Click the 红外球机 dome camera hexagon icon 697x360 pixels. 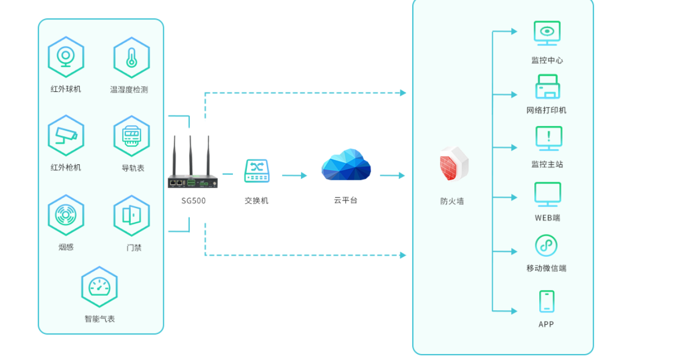tap(66, 57)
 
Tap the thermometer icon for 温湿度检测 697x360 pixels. tap(131, 57)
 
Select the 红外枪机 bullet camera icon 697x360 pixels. tap(66, 136)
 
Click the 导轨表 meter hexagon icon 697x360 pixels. tap(131, 136)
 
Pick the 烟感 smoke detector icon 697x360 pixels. tap(66, 215)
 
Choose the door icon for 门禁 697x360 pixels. tap(131, 215)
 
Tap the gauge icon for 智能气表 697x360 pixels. tap(99, 287)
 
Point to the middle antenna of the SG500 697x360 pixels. tap(191, 154)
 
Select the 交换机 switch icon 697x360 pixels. tap(257, 171)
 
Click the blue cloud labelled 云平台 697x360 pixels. tap(346, 164)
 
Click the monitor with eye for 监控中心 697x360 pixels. tap(547, 32)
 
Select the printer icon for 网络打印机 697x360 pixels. tap(547, 86)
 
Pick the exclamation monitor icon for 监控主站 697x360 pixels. tap(548, 138)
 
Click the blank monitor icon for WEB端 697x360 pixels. tap(547, 194)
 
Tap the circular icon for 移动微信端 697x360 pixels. tap(546, 245)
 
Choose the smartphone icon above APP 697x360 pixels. tap(546, 302)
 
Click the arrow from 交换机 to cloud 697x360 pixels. tap(294, 175)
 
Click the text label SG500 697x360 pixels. tap(193, 201)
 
